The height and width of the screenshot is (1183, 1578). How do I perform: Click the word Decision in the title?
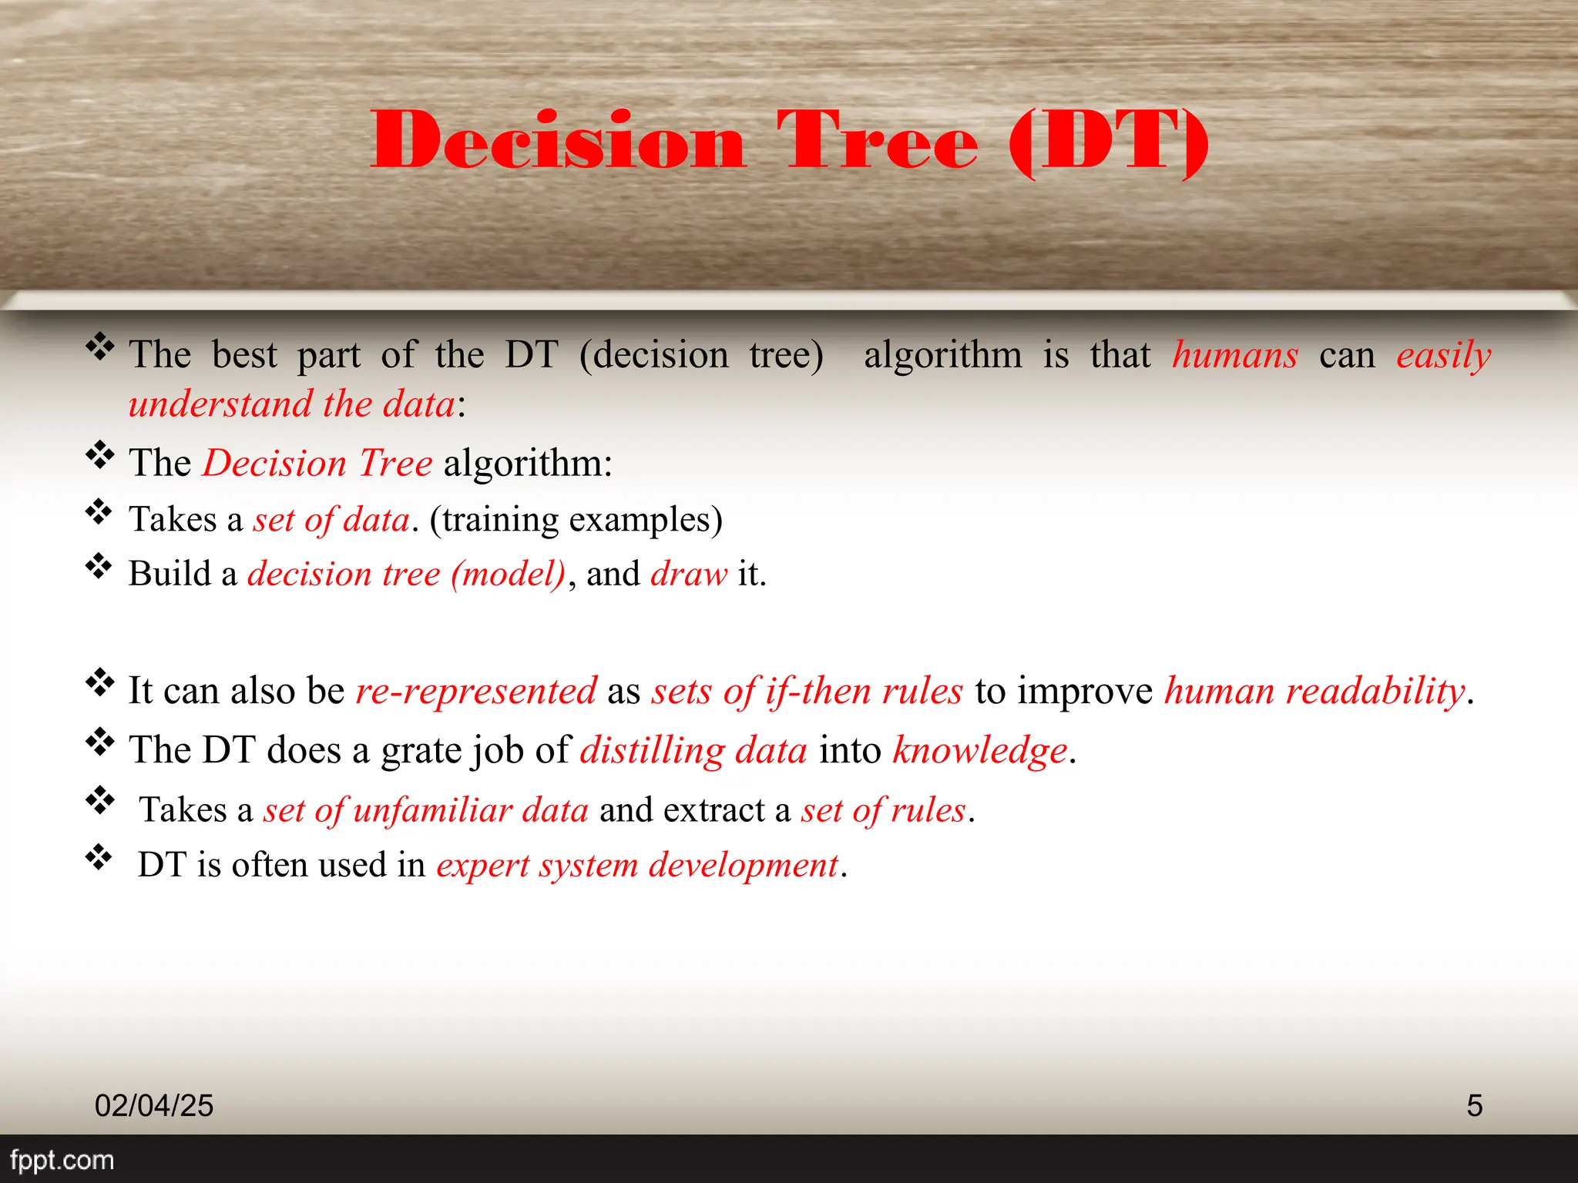[558, 140]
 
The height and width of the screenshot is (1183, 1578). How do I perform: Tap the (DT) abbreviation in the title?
[1108, 140]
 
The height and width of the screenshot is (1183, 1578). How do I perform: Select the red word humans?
[1234, 356]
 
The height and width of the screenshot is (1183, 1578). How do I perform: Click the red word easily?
[1443, 356]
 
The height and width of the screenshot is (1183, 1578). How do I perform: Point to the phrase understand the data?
[291, 404]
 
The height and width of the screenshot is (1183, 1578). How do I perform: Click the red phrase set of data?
[331, 520]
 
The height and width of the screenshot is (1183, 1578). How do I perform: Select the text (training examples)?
[576, 520]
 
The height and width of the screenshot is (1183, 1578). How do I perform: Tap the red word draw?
[688, 575]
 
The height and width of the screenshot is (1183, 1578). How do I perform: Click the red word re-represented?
[475, 691]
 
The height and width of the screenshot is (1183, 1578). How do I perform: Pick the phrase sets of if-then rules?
[807, 691]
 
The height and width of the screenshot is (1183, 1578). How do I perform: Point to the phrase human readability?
[1314, 691]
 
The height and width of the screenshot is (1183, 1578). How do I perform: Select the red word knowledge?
[979, 750]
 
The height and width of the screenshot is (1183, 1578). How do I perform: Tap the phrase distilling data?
[693, 750]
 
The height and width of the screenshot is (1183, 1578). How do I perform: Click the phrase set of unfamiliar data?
[425, 810]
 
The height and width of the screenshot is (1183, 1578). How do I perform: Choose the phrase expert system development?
[636, 865]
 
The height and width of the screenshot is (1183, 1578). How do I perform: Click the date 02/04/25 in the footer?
[153, 1106]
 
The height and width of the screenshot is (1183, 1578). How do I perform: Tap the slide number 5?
[1474, 1106]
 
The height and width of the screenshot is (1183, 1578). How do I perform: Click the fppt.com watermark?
[62, 1160]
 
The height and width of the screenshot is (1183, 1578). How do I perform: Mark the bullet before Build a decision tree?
[99, 567]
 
